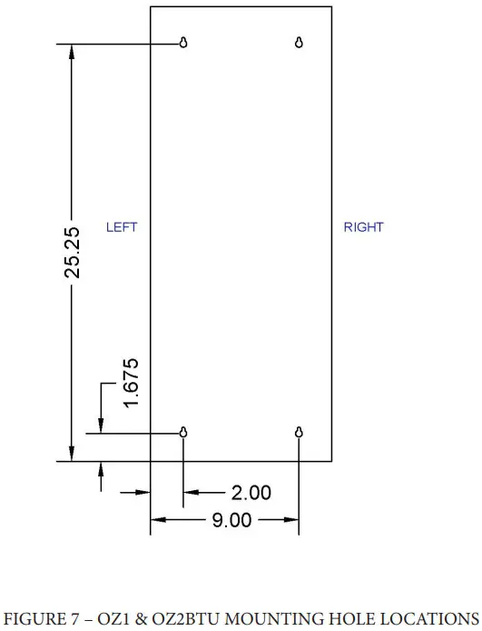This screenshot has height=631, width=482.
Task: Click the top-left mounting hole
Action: click(x=184, y=42)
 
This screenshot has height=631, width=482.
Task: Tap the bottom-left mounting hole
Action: click(x=184, y=433)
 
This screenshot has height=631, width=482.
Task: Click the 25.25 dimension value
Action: click(x=72, y=253)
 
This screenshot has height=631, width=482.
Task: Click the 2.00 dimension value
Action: click(x=251, y=493)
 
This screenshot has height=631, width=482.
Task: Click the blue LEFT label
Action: click(x=122, y=227)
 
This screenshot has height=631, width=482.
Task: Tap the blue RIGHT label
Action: click(x=363, y=227)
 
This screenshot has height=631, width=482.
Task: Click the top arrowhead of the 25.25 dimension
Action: click(x=72, y=51)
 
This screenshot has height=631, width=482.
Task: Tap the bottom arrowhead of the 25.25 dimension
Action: click(x=72, y=454)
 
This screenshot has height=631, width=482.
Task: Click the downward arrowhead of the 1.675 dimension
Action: click(x=101, y=425)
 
